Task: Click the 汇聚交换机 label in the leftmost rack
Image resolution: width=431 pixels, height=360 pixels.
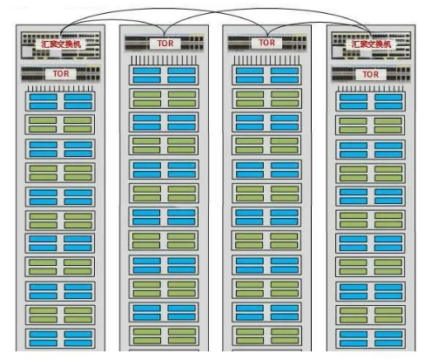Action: pos(61,44)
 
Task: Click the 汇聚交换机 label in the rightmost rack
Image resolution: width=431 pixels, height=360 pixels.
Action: pos(371,44)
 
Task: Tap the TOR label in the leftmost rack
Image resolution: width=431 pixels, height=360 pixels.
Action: pos(61,74)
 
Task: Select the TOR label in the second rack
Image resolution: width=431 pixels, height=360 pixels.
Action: pos(165,44)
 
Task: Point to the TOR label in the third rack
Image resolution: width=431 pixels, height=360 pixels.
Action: pos(266,43)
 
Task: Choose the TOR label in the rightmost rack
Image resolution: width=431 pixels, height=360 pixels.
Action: pos(371,74)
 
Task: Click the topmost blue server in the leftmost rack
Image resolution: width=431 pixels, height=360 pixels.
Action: pos(60,101)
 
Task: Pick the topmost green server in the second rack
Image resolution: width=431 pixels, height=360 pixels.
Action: pos(164,98)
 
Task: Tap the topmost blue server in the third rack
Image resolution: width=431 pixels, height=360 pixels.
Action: pos(266,75)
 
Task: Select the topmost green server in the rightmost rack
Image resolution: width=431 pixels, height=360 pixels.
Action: pos(370,125)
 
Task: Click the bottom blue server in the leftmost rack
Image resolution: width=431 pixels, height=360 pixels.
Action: pos(60,338)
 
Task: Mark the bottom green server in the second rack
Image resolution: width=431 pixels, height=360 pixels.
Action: pos(164,336)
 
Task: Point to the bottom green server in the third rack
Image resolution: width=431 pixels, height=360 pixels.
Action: pos(266,336)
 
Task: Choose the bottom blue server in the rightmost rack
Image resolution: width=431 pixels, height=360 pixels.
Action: pos(371,338)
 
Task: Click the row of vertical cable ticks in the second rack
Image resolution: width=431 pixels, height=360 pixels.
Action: pos(164,60)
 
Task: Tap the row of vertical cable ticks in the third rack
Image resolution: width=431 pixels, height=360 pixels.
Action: pos(266,60)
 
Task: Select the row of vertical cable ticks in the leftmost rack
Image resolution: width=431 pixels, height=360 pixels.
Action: pos(60,89)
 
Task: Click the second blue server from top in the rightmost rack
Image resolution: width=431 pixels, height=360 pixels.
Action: pos(371,149)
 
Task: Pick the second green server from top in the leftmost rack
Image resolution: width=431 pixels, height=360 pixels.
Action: pos(60,173)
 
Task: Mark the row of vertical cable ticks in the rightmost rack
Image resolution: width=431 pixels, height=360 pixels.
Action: pos(371,89)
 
